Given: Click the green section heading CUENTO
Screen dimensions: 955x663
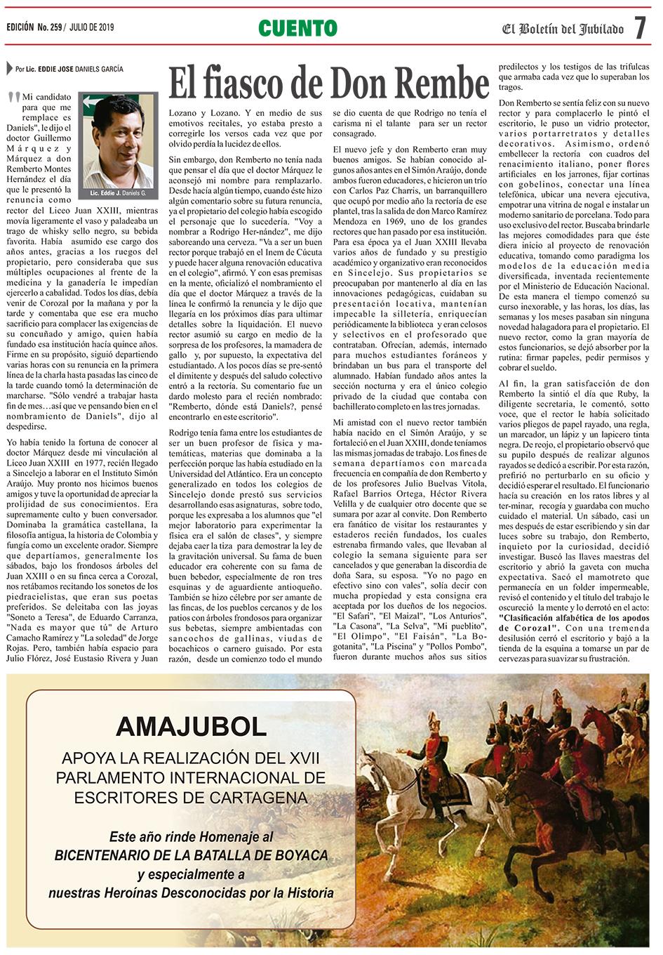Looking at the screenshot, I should tap(297, 28).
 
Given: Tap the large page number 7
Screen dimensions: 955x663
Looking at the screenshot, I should tap(640, 28).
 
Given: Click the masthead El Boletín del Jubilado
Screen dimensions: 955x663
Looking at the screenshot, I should tap(563, 29).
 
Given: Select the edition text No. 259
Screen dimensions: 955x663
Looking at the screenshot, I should tap(50, 27).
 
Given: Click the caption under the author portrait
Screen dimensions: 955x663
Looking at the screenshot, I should tap(118, 192).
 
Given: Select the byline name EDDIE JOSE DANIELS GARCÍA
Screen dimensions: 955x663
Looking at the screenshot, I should tap(81, 70).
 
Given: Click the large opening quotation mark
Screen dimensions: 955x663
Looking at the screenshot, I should tap(14, 99).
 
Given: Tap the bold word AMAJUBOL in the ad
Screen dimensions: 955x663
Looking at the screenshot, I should tap(191, 726).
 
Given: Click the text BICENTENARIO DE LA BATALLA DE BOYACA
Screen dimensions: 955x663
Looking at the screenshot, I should tap(191, 855).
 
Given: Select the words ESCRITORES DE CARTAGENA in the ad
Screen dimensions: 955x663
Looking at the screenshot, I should tap(191, 798).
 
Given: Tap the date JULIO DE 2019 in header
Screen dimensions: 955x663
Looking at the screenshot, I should tap(92, 27).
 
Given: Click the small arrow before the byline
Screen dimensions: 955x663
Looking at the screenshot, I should tap(9, 69).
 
